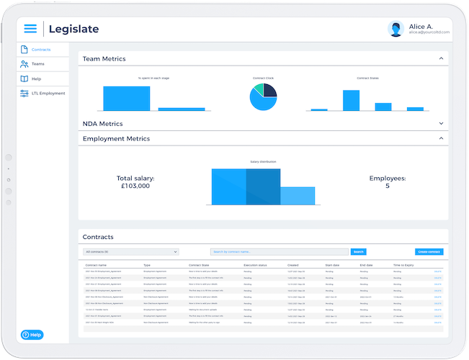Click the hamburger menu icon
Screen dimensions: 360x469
pyautogui.click(x=30, y=29)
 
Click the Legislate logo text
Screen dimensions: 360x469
pyautogui.click(x=73, y=29)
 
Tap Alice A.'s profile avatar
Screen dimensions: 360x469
pyautogui.click(x=396, y=29)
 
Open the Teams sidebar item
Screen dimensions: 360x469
pyautogui.click(x=37, y=64)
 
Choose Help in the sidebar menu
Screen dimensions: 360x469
pyautogui.click(x=36, y=78)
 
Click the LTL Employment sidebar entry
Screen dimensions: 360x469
pyautogui.click(x=48, y=93)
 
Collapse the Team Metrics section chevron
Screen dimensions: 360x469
pyautogui.click(x=441, y=58)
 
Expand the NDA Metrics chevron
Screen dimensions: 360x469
pyautogui.click(x=441, y=123)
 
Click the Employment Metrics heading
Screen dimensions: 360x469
pyautogui.click(x=117, y=138)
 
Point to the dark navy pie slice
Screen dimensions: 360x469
pyautogui.click(x=269, y=90)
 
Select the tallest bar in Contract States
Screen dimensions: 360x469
pyautogui.click(x=351, y=100)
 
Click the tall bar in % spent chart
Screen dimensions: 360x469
pyautogui.click(x=126, y=98)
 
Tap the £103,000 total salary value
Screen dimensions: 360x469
pyautogui.click(x=135, y=186)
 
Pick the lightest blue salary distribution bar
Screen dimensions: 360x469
pyautogui.click(x=298, y=196)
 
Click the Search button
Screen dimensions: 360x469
pyautogui.click(x=358, y=252)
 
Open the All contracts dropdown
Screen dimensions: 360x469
pyautogui.click(x=131, y=252)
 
